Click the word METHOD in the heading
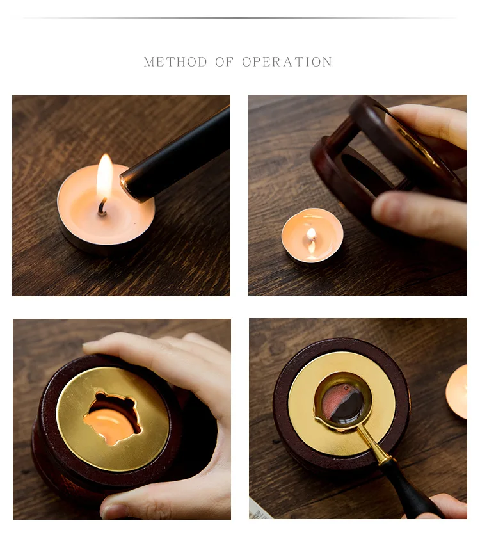pyautogui.click(x=175, y=62)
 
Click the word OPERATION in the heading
pyautogui.click(x=287, y=62)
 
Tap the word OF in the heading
pyautogui.click(x=224, y=62)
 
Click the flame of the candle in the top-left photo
pyautogui.click(x=104, y=177)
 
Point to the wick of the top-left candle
pyautogui.click(x=102, y=207)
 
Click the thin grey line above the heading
pyautogui.click(x=240, y=17)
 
